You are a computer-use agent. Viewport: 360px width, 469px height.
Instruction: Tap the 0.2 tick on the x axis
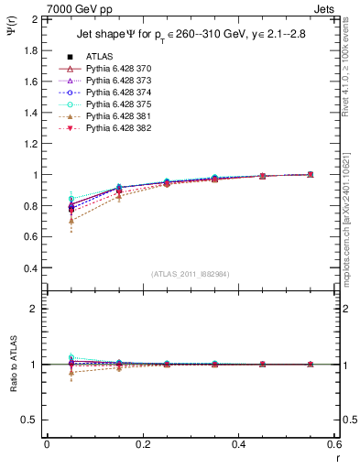[142, 444]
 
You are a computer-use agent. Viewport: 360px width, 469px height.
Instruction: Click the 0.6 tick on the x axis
[335, 444]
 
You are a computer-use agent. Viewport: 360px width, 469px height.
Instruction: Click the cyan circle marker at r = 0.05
[71, 199]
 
